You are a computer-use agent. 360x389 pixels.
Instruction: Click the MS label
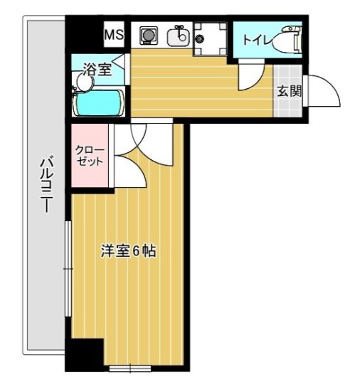click(114, 34)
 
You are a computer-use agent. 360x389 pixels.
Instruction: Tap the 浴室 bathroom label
click(97, 69)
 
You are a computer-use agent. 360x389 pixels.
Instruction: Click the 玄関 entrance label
click(289, 90)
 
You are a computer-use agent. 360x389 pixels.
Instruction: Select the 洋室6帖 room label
click(128, 251)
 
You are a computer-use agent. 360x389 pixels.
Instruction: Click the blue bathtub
click(100, 104)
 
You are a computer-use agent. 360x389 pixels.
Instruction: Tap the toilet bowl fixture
click(290, 39)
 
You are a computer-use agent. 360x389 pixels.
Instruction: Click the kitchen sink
click(178, 36)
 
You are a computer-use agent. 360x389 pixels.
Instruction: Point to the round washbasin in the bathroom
click(84, 82)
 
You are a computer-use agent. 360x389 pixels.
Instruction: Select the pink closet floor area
click(90, 174)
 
